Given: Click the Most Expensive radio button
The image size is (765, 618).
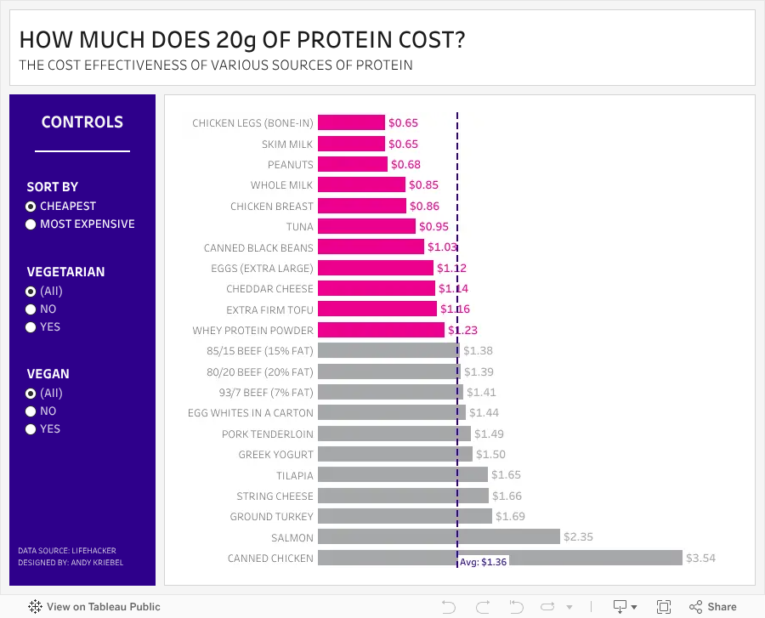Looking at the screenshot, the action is coord(31,224).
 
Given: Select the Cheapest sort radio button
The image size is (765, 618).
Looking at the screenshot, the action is coord(31,207).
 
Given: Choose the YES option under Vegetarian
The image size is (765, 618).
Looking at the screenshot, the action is coord(31,326).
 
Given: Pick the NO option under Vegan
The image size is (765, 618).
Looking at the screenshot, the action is coord(31,411).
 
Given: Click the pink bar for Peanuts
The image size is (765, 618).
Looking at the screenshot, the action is coord(353,164).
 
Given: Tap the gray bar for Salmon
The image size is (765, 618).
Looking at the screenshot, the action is coord(439,536).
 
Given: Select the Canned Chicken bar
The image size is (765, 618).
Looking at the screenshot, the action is coord(500,558).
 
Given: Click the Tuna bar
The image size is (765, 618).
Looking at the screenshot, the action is coord(367,226).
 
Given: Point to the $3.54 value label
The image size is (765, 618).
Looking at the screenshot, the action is coord(700,558).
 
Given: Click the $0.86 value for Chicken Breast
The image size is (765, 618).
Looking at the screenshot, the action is coord(424,207).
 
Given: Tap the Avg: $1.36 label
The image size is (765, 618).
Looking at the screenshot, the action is coord(483,562).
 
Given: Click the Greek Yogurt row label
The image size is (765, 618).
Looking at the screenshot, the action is coord(275,455).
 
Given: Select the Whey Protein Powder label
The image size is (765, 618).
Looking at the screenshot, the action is coord(252,331).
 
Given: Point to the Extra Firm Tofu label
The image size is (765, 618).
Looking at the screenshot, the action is coord(269,310).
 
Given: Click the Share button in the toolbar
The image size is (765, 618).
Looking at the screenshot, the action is coord(713,607).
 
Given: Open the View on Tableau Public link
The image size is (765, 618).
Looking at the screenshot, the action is coord(94,607).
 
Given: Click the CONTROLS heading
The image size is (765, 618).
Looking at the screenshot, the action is coord(82,122).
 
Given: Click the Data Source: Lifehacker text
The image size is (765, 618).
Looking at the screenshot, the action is coord(67,551).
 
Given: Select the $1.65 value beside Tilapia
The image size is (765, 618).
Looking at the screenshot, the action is coord(506,474).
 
